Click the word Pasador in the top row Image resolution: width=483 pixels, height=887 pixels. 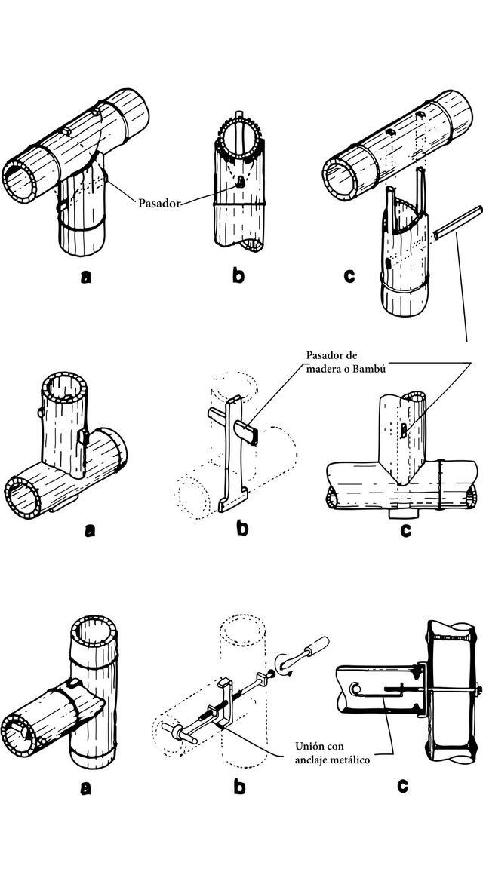(x=159, y=203)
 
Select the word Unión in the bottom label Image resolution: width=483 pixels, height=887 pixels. (x=309, y=744)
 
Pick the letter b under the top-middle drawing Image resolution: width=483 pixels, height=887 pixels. (x=238, y=275)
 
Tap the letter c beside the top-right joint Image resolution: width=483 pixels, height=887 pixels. (x=349, y=275)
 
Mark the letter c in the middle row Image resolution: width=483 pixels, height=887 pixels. (x=405, y=530)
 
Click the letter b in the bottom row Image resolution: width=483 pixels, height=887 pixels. (x=240, y=786)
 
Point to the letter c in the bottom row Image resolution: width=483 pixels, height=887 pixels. (x=402, y=786)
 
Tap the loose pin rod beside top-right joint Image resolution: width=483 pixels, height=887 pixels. (x=457, y=222)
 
